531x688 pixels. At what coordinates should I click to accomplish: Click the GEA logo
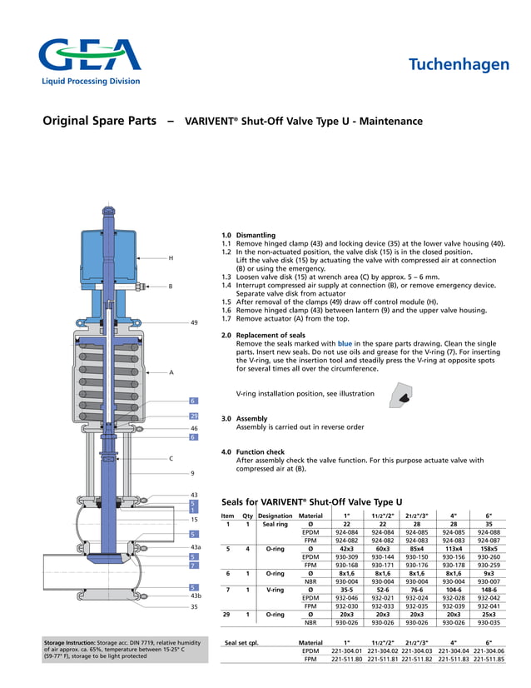(89, 57)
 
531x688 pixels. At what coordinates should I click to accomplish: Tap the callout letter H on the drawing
(171, 258)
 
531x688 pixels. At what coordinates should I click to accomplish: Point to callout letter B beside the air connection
(171, 287)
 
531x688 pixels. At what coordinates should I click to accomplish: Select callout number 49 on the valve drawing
(194, 322)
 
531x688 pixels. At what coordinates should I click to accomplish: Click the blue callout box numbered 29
(193, 416)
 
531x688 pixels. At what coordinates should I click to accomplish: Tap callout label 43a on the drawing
(196, 546)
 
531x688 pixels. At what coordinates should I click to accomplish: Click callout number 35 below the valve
(194, 607)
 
